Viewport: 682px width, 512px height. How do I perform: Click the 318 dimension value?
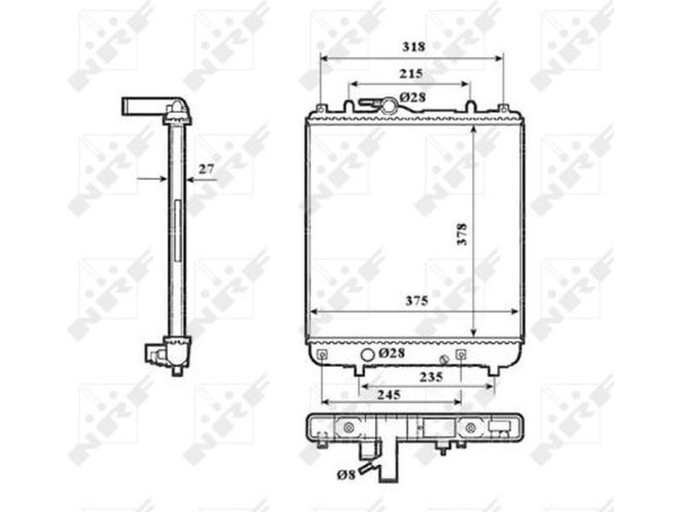(x=413, y=47)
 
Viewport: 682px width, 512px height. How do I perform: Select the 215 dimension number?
(x=411, y=73)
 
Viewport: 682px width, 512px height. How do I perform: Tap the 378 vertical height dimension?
(x=462, y=234)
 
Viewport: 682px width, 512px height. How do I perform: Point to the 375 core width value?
(x=417, y=300)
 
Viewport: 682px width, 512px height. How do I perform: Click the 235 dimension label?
(x=431, y=377)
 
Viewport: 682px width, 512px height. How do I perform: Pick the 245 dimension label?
(x=389, y=395)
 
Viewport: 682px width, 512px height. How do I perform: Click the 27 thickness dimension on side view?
(x=206, y=168)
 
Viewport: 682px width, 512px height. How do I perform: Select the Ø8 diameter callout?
(x=347, y=474)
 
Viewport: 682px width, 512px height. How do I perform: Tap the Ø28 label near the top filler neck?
(x=413, y=97)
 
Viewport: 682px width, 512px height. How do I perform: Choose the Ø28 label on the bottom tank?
(x=392, y=352)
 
